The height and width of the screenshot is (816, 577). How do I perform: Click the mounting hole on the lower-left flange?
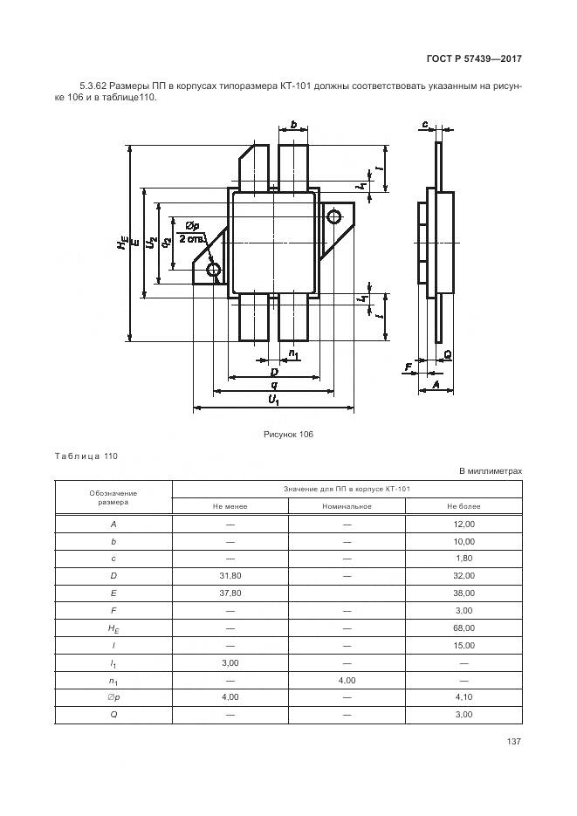pyautogui.click(x=214, y=271)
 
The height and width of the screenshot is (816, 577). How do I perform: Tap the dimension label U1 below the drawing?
pyautogui.click(x=273, y=400)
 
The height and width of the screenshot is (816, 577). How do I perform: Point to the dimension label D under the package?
pyautogui.click(x=273, y=372)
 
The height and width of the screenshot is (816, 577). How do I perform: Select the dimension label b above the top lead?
pyautogui.click(x=294, y=126)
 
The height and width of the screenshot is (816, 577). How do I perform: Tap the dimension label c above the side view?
pyautogui.click(x=424, y=125)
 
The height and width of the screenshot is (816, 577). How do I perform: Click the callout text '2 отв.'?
pyautogui.click(x=190, y=238)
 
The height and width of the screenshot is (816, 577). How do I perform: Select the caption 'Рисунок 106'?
pyautogui.click(x=287, y=434)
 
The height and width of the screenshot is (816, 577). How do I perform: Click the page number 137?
pyautogui.click(x=513, y=742)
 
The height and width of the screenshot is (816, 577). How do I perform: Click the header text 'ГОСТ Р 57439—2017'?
pyautogui.click(x=474, y=59)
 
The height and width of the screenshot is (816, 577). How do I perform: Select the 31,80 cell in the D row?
pyautogui.click(x=230, y=575)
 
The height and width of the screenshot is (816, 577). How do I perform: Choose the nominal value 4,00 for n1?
pyautogui.click(x=347, y=680)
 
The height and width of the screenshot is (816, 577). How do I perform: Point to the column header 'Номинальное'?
pyautogui.click(x=347, y=506)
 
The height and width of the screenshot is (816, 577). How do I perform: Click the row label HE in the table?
pyautogui.click(x=113, y=627)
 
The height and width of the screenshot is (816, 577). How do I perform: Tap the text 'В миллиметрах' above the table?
pyautogui.click(x=491, y=471)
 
